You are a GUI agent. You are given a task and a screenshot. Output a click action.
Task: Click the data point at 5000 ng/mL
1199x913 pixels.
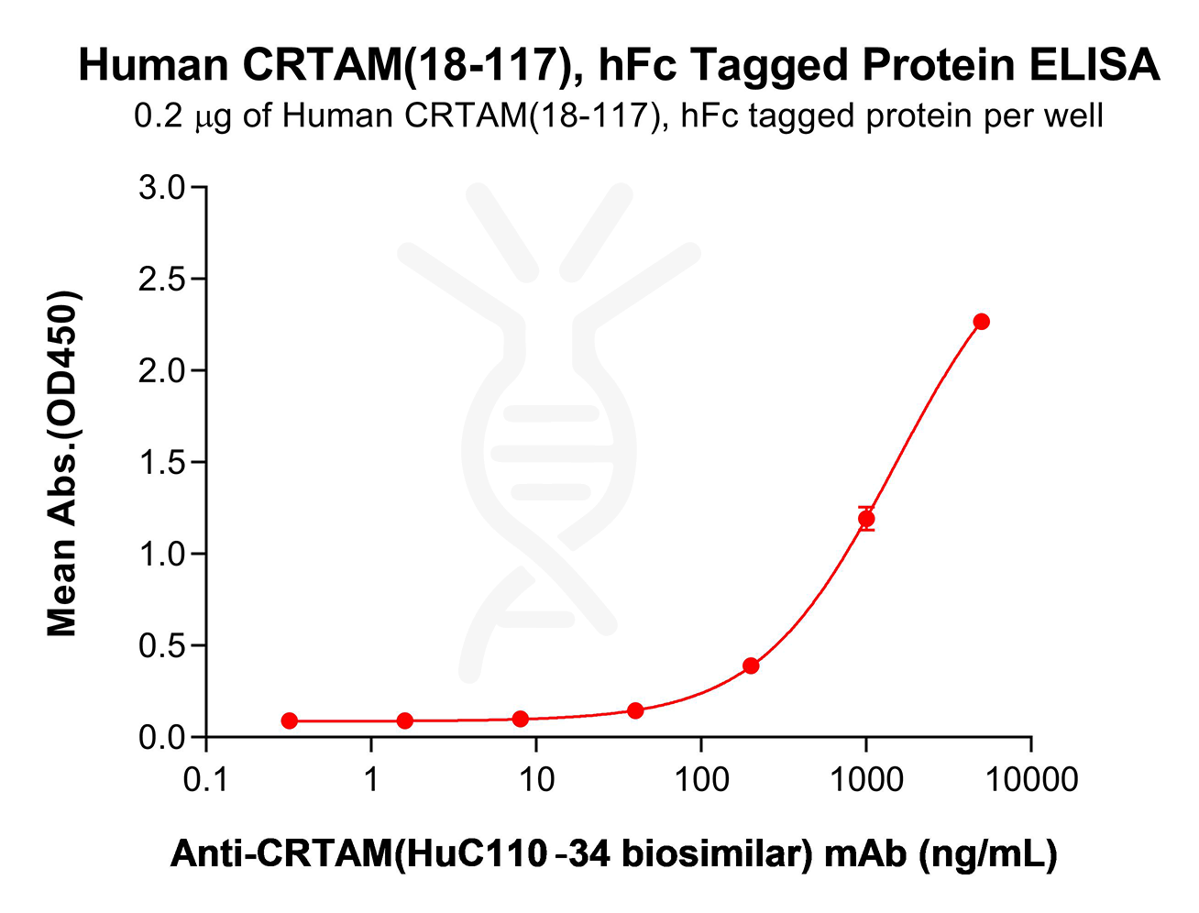pyautogui.click(x=981, y=322)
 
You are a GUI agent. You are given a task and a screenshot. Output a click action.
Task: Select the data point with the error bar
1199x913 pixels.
pyautogui.click(x=866, y=519)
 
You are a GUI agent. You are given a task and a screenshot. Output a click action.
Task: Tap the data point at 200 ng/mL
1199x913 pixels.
pyautogui.click(x=751, y=665)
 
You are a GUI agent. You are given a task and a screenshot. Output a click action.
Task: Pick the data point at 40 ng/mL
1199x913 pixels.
pyautogui.click(x=635, y=710)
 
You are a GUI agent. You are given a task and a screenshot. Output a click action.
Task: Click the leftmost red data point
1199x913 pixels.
pyautogui.click(x=290, y=721)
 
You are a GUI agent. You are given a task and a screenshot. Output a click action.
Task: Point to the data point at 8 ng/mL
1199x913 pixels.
pyautogui.click(x=521, y=719)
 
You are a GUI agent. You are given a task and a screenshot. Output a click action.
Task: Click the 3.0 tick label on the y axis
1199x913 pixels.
pyautogui.click(x=162, y=188)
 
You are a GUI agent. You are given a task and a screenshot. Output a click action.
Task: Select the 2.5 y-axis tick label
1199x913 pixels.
pyautogui.click(x=162, y=280)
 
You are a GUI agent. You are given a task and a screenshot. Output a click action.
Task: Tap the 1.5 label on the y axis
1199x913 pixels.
pyautogui.click(x=162, y=463)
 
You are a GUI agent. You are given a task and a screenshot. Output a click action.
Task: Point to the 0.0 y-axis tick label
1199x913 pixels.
pyautogui.click(x=162, y=738)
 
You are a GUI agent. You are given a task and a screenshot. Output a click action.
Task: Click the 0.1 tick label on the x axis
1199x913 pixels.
pyautogui.click(x=205, y=780)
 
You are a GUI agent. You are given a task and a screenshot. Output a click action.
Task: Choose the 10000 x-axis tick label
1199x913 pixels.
pyautogui.click(x=1030, y=780)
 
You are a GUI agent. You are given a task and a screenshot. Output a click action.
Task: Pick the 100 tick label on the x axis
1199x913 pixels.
pyautogui.click(x=701, y=780)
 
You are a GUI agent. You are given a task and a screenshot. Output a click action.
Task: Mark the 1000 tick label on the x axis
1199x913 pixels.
pyautogui.click(x=866, y=780)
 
